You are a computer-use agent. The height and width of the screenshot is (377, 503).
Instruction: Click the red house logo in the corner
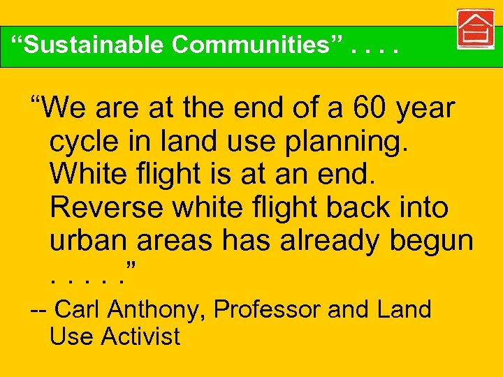[476, 30]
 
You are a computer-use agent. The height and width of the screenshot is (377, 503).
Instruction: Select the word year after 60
[425, 110]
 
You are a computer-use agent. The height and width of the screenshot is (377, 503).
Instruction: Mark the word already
[326, 240]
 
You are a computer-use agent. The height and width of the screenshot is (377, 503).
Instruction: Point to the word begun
[432, 242]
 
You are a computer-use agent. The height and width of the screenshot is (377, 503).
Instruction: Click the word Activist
[140, 337]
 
